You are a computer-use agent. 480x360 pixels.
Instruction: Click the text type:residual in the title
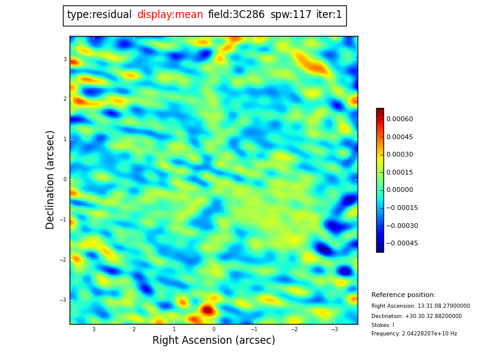100,15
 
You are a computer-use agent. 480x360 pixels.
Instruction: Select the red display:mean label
170,15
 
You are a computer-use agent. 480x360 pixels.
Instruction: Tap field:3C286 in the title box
236,15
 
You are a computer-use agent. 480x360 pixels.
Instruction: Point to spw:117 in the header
291,15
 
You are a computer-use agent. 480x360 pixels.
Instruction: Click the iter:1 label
329,15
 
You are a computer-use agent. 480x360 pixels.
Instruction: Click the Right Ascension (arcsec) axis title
214,341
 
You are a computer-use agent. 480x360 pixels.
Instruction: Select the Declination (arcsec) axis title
50,179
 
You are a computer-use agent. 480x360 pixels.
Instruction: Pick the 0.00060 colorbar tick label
400,119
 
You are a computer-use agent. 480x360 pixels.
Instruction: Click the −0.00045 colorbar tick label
401,244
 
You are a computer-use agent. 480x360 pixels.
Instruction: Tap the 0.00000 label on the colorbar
400,190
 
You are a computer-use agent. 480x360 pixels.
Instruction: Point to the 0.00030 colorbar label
400,155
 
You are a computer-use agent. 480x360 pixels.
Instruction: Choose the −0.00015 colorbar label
401,208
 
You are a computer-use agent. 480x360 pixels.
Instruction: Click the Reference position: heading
403,295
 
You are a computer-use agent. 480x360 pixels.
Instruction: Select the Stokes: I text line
383,325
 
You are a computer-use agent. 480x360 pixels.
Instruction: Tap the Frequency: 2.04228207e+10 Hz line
414,334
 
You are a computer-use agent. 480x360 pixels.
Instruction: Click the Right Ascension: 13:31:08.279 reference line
421,306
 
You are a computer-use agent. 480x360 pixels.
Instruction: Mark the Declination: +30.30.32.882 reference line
416,316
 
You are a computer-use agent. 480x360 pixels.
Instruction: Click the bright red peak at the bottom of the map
207,310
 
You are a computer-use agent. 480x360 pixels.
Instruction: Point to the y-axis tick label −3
64,300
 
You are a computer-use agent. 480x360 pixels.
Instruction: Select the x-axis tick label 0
214,329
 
